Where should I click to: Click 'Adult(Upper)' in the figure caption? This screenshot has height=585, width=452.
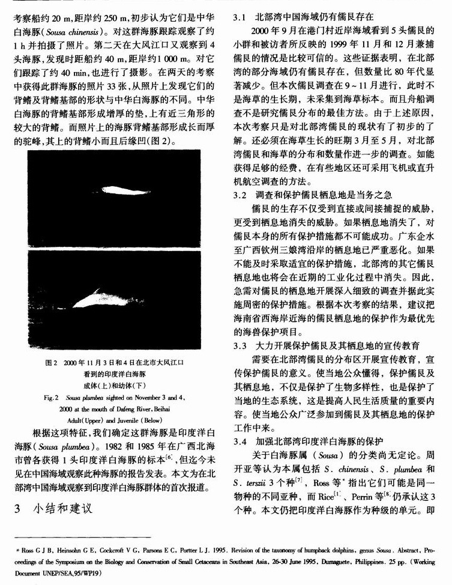pyautogui.click(x=86, y=419)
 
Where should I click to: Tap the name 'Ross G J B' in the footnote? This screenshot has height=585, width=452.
pyautogui.click(x=37, y=549)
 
